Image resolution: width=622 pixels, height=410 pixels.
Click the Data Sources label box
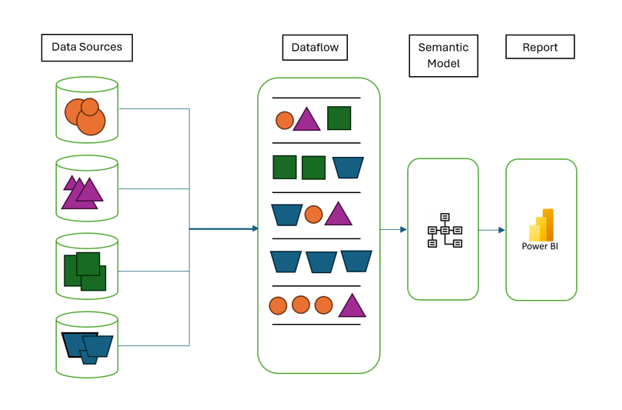coord(87,47)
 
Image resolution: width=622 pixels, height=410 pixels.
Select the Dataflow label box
coord(315,47)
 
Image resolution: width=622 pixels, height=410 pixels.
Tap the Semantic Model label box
coord(443,55)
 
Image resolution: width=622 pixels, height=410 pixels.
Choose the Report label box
coord(540,47)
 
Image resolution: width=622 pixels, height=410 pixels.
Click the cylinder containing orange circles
coord(87,109)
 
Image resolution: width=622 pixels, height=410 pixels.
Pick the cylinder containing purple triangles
coord(87,188)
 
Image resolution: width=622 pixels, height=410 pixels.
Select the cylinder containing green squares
coord(87,266)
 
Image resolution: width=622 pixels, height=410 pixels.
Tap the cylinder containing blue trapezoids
coord(87,344)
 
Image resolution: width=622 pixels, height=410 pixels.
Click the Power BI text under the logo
coord(541,247)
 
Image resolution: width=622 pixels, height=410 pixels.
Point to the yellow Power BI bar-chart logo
coord(541,225)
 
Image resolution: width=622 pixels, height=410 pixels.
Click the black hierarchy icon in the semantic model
coord(444,230)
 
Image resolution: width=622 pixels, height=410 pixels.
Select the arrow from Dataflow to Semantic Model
coord(393,229)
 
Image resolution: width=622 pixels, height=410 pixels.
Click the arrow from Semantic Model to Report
coord(491,230)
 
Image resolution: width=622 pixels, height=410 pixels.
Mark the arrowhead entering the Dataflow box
coord(254,228)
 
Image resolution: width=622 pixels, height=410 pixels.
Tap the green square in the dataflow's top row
coord(339,118)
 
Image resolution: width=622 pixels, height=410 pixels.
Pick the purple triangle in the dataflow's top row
coord(306,120)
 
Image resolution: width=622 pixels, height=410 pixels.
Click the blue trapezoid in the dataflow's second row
coord(348,167)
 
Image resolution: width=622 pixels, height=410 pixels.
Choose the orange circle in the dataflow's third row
coord(313,215)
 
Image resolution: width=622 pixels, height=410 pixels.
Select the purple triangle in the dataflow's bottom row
coord(352,306)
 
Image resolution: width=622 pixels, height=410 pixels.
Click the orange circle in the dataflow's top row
coord(284,121)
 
